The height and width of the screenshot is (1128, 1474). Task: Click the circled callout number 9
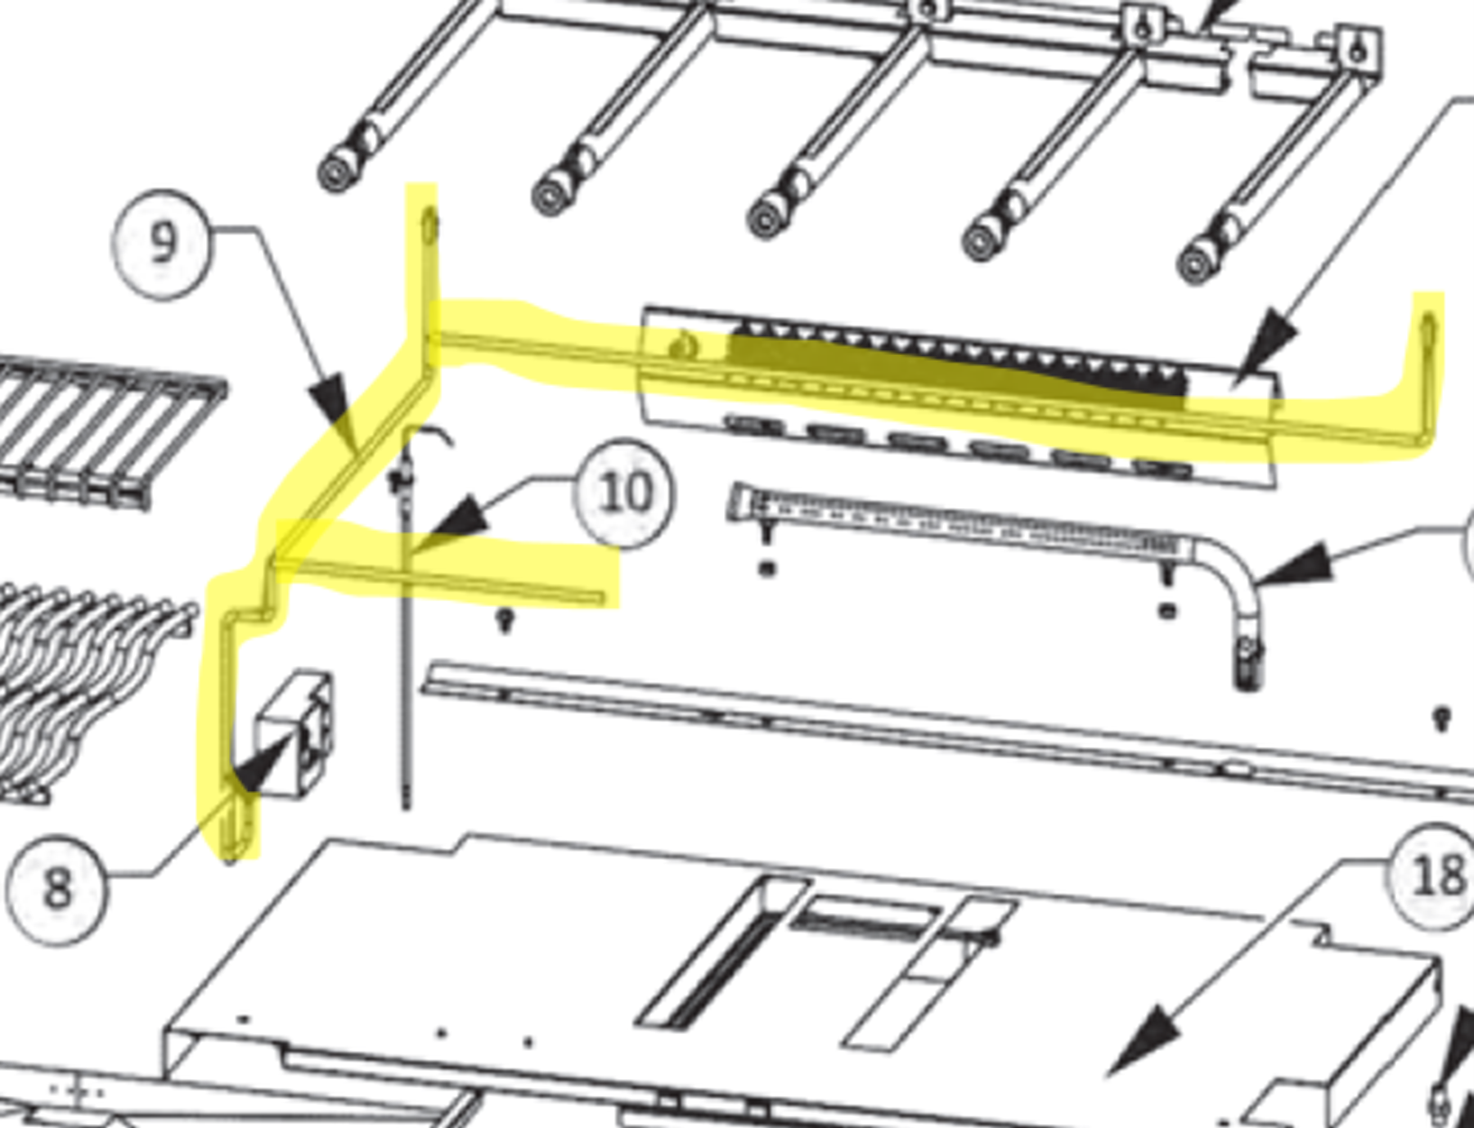162,243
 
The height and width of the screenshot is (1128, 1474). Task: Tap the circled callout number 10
626,493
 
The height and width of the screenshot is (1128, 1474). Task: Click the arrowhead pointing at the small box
260,764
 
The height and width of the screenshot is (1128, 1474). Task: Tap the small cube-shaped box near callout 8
294,734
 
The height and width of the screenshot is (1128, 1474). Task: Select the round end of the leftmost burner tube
335,173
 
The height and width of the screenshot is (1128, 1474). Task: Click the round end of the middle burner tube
766,221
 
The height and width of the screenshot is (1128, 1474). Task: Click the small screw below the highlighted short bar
506,620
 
